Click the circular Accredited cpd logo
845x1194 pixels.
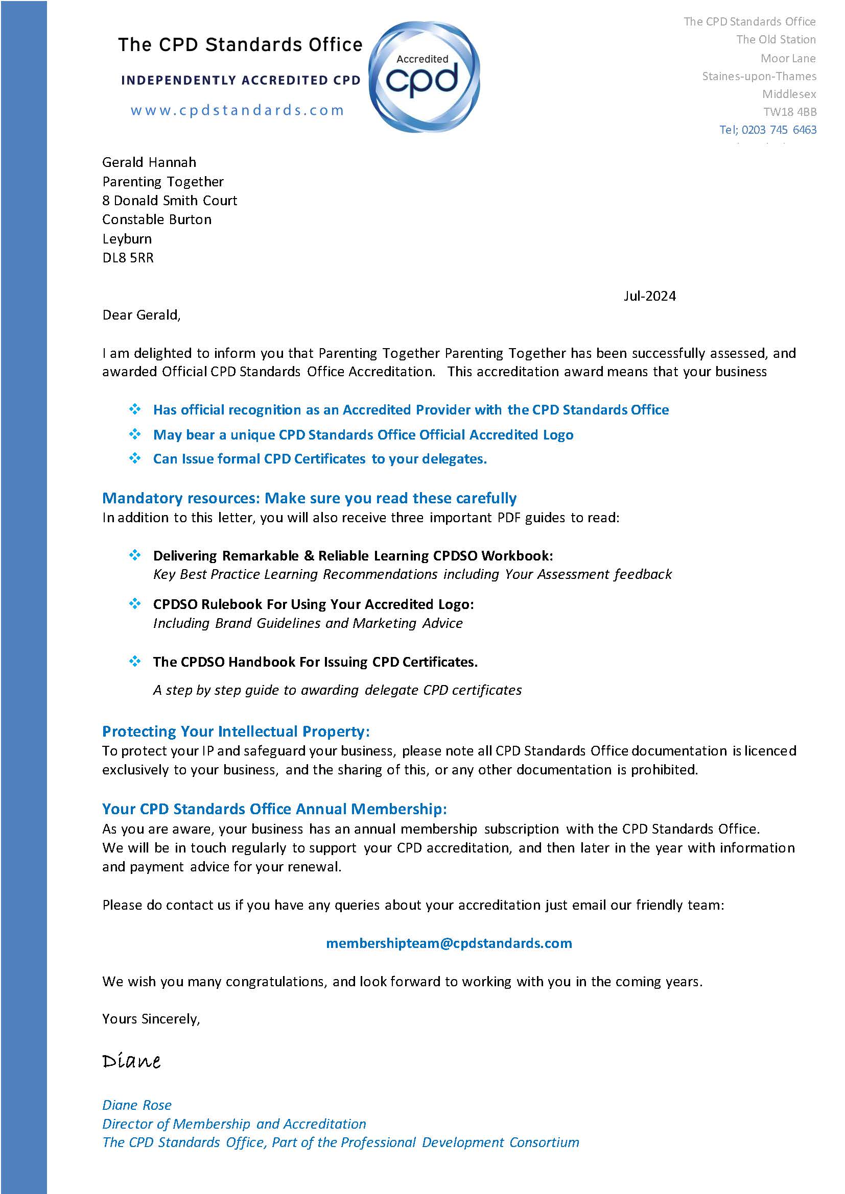pyautogui.click(x=424, y=77)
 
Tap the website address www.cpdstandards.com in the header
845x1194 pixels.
pyautogui.click(x=237, y=110)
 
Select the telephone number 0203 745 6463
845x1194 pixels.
pyautogui.click(x=779, y=130)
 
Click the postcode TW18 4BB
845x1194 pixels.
pyautogui.click(x=789, y=112)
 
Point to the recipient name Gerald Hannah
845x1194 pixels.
pyautogui.click(x=149, y=162)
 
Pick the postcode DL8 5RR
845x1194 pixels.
pyautogui.click(x=128, y=258)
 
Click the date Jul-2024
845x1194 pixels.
pyautogui.click(x=649, y=296)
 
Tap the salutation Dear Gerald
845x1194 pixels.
pyautogui.click(x=141, y=315)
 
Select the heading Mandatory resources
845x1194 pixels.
pyautogui.click(x=309, y=498)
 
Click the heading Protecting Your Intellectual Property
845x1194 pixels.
pyautogui.click(x=236, y=731)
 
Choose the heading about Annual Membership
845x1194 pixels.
pyautogui.click(x=274, y=809)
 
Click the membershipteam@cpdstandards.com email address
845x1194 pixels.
pyautogui.click(x=449, y=943)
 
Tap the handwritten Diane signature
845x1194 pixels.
pyautogui.click(x=131, y=1061)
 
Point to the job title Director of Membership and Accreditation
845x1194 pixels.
pyautogui.click(x=233, y=1124)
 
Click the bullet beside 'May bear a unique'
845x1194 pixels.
pyautogui.click(x=135, y=434)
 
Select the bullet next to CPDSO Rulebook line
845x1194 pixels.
pyautogui.click(x=135, y=604)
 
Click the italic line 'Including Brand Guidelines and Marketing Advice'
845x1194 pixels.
pyautogui.click(x=308, y=623)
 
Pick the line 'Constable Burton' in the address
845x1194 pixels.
pyautogui.click(x=157, y=220)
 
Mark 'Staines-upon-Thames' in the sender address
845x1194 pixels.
pyautogui.click(x=759, y=77)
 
